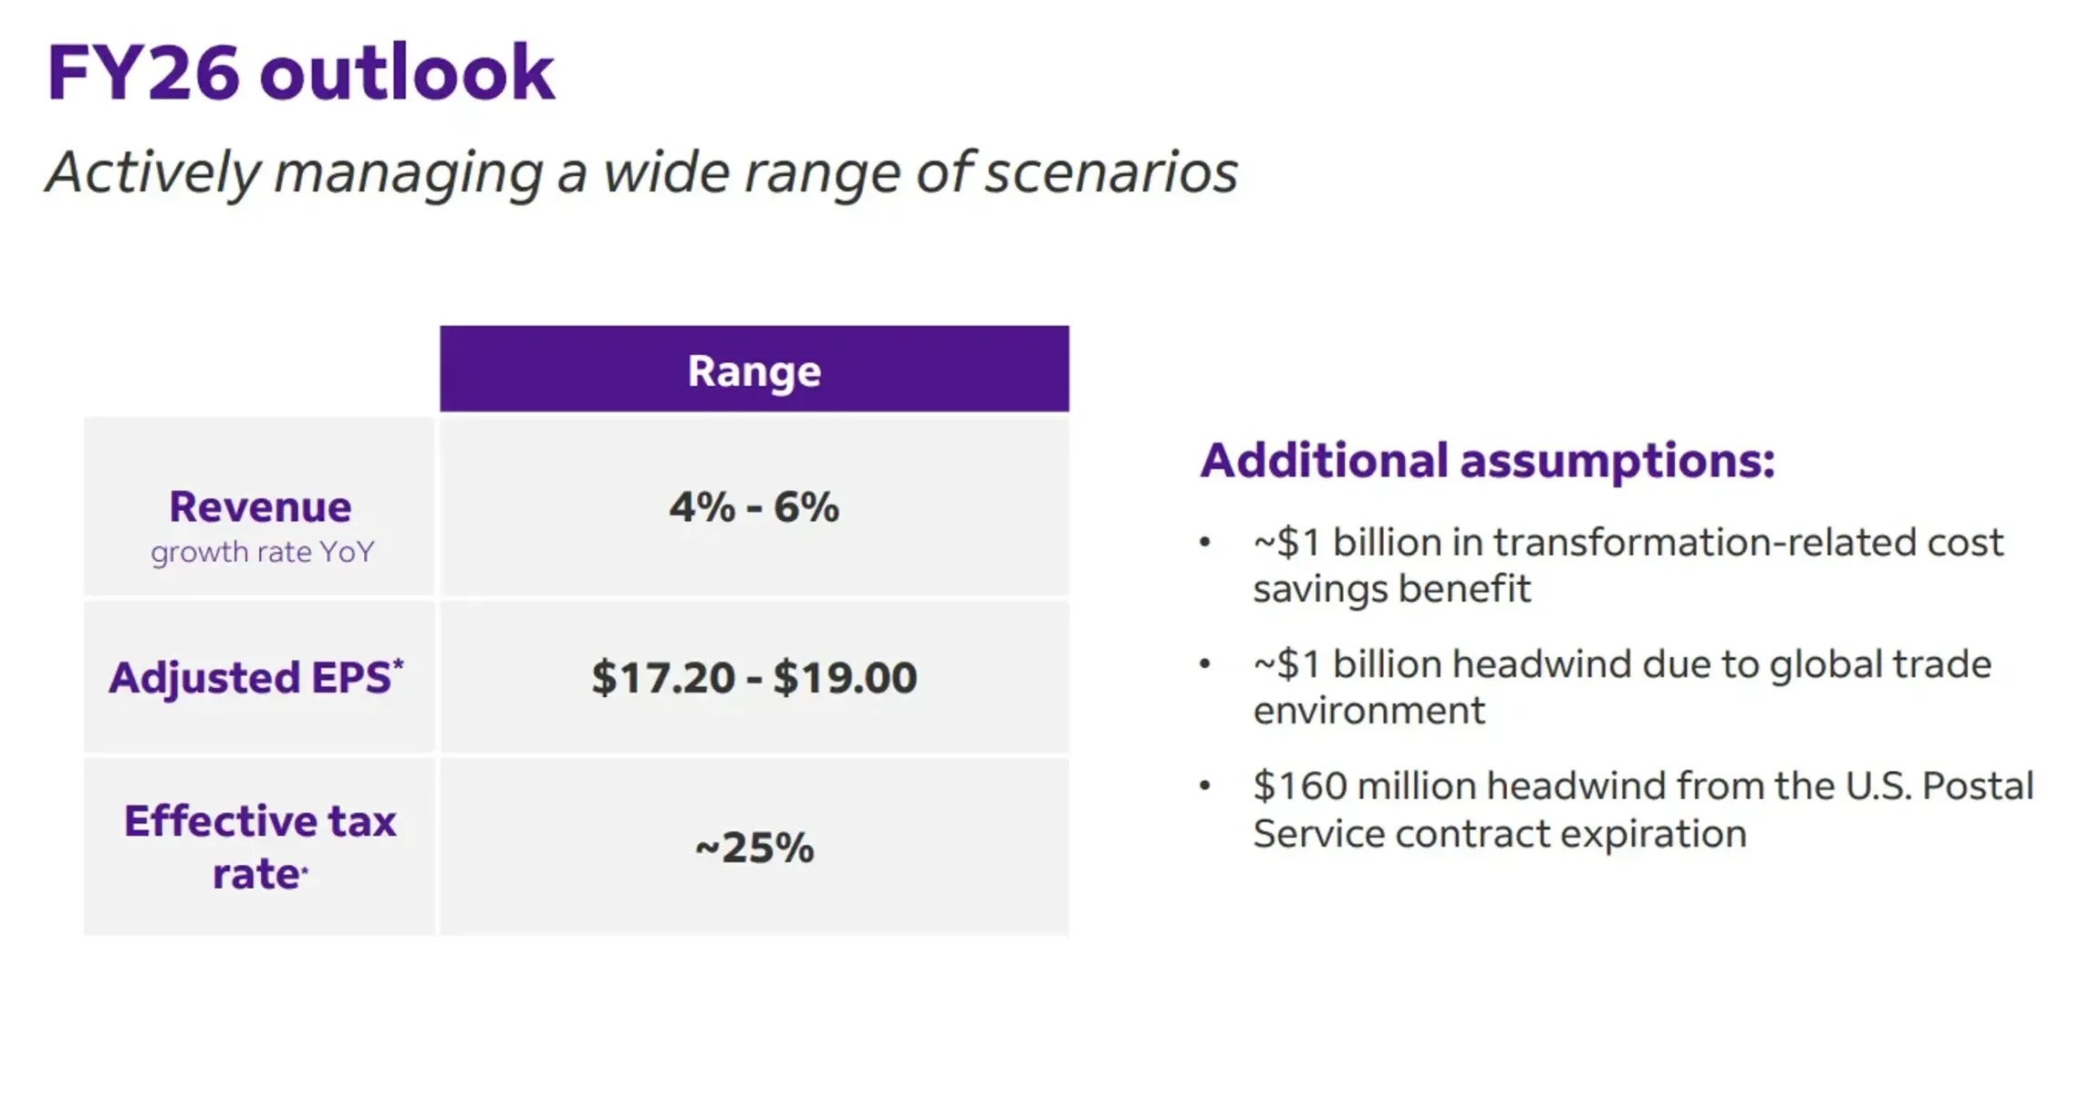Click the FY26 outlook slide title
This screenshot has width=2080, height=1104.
(x=300, y=73)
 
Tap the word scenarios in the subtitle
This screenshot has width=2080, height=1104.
(x=1110, y=172)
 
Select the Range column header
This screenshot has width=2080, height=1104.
(x=754, y=370)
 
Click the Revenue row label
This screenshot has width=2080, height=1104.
(x=260, y=507)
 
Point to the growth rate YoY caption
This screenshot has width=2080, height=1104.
(x=262, y=553)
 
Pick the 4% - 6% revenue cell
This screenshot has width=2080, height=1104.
(x=754, y=507)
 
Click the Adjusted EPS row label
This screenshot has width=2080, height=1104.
(x=250, y=678)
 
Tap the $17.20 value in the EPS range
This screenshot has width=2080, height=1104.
(x=662, y=678)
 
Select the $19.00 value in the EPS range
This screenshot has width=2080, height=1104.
(x=845, y=678)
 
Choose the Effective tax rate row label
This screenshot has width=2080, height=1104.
(x=260, y=847)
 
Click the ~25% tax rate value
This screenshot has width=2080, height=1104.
(x=754, y=848)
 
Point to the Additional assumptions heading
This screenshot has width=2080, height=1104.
(x=1487, y=461)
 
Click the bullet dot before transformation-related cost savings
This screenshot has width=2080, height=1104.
(x=1205, y=543)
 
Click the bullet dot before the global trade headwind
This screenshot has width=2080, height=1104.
(x=1205, y=664)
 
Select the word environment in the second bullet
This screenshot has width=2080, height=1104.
(x=1368, y=711)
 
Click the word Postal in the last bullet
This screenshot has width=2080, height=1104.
(x=1977, y=786)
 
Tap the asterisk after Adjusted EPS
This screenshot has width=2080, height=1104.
(x=398, y=664)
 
